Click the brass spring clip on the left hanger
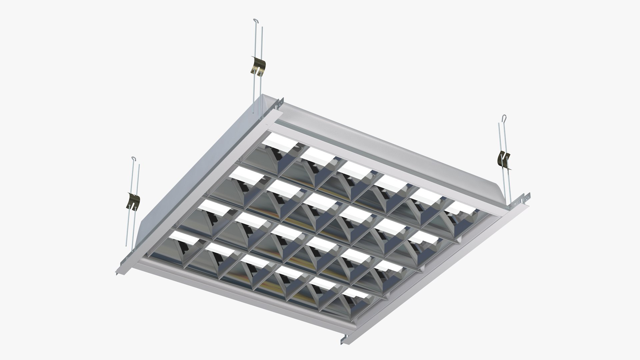coord(134,202)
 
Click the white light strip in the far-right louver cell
coord(460,209)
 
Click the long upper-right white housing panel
coord(383,147)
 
